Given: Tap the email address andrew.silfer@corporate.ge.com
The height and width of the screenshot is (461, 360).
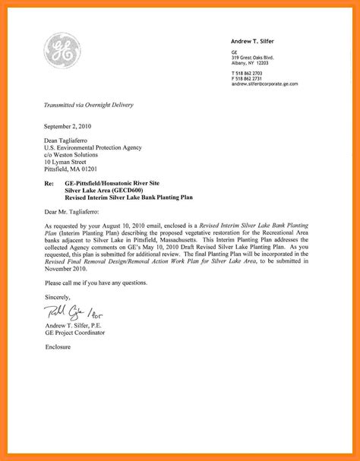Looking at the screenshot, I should click(265, 84).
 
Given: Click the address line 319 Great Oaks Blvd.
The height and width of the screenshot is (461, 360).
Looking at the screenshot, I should click(253, 57).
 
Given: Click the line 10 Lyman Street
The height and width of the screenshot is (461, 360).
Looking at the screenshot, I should click(65, 162).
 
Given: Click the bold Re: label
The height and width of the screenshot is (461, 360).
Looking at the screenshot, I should click(49, 184).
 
